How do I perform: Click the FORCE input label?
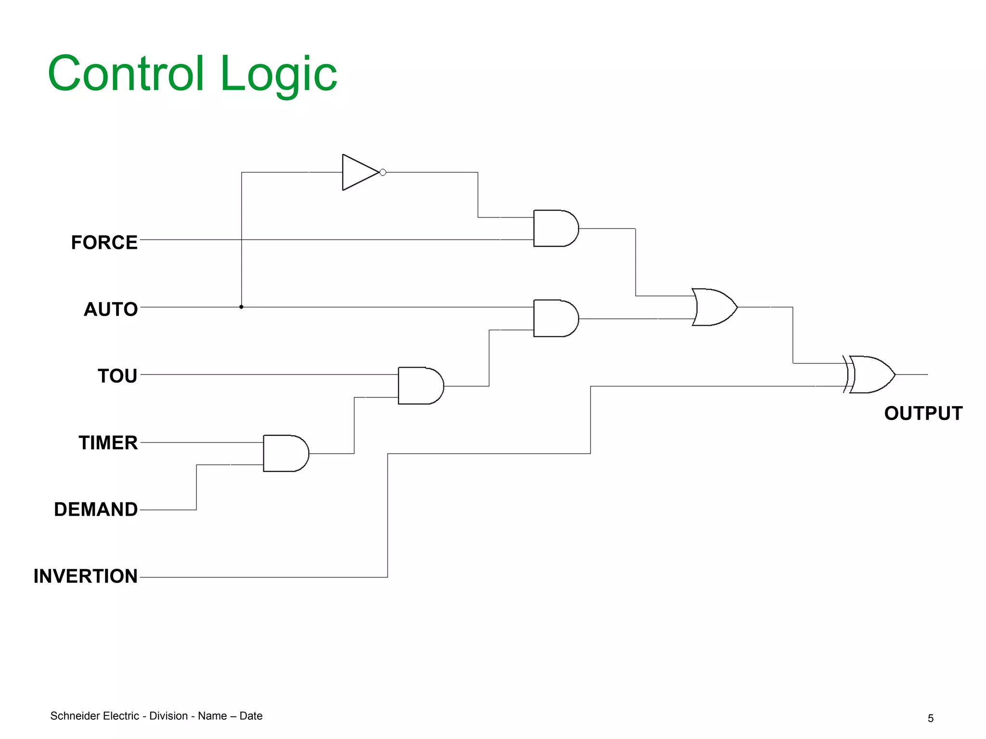[x=104, y=242]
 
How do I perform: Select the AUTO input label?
[x=111, y=309]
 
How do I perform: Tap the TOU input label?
[x=117, y=376]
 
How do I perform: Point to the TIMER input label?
[x=108, y=443]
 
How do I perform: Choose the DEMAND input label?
[x=96, y=510]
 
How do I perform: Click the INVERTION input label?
[x=86, y=576]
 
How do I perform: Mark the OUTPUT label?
[x=923, y=413]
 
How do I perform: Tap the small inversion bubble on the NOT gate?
[x=383, y=172]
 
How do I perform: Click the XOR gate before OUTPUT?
[x=870, y=374]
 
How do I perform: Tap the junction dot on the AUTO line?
[x=241, y=307]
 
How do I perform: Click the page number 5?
[x=931, y=718]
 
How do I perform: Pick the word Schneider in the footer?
[x=71, y=716]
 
